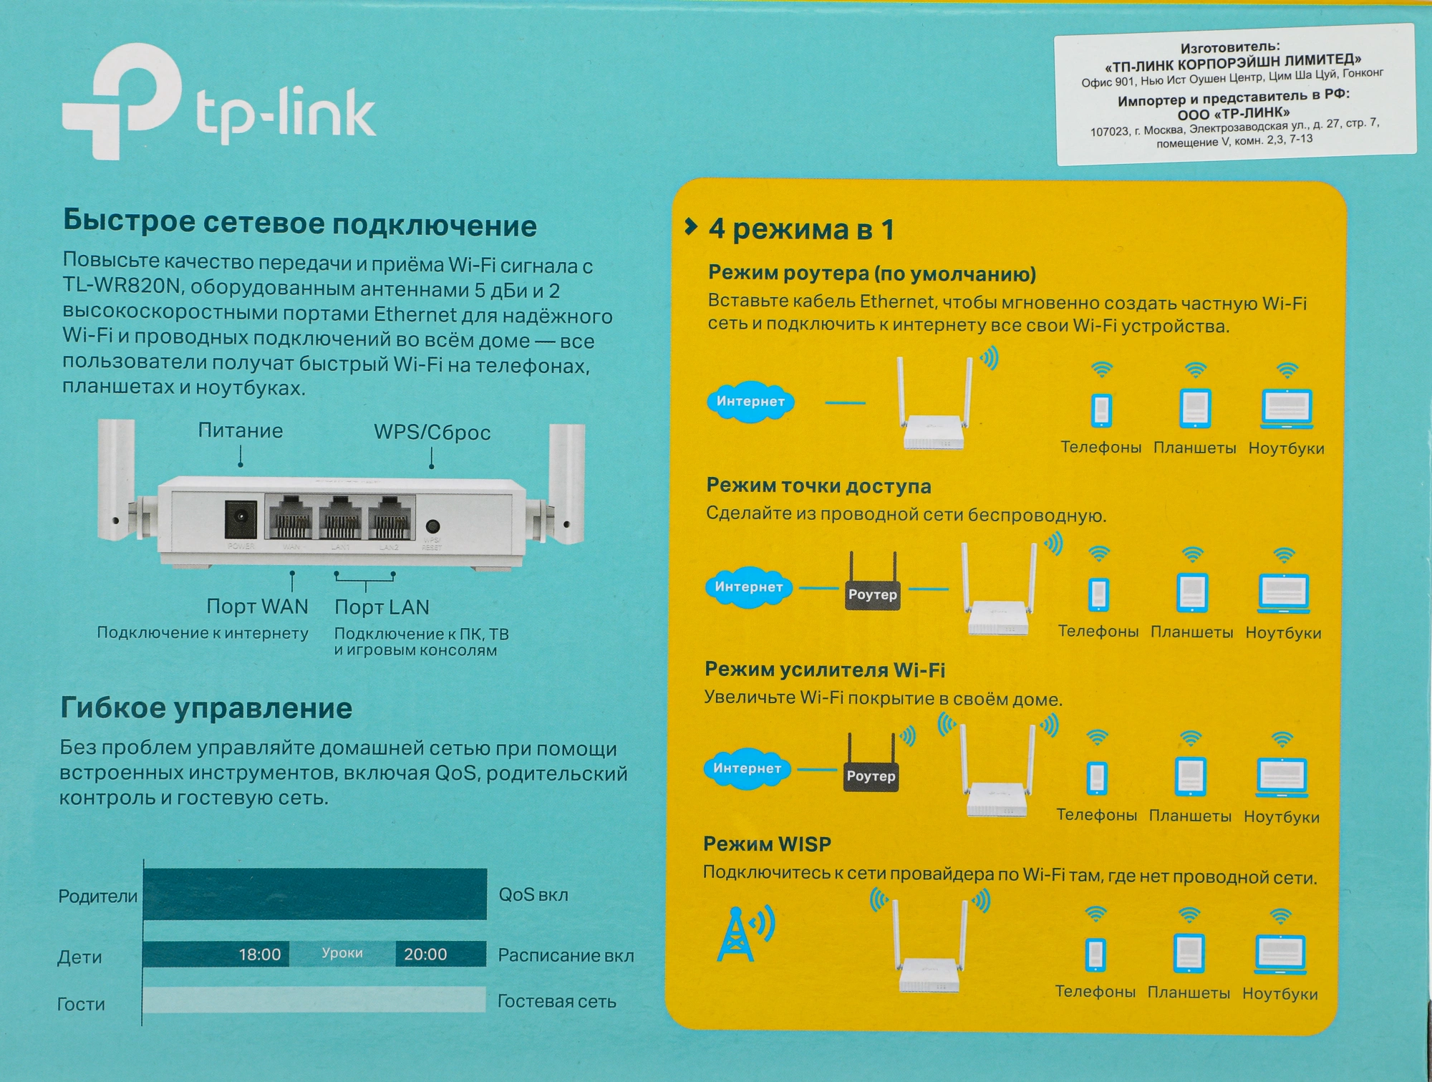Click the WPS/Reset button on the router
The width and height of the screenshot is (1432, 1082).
432,526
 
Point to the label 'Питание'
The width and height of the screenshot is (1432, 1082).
241,430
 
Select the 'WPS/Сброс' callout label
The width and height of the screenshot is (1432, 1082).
432,433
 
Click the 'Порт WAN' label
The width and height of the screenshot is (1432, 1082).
257,607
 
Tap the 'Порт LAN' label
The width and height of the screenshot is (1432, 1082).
382,607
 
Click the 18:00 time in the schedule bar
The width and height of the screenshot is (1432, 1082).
260,955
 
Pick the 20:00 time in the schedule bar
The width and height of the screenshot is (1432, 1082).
425,955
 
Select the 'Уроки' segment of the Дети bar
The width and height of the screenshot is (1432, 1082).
342,954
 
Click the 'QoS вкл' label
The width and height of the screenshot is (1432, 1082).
533,895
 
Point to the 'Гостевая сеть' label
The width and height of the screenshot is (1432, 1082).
557,1002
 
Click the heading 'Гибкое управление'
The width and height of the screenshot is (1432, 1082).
206,708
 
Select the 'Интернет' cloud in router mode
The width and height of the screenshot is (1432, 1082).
750,402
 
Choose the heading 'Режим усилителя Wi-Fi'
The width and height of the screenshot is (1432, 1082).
825,670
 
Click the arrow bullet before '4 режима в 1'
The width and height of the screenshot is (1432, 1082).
691,227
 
